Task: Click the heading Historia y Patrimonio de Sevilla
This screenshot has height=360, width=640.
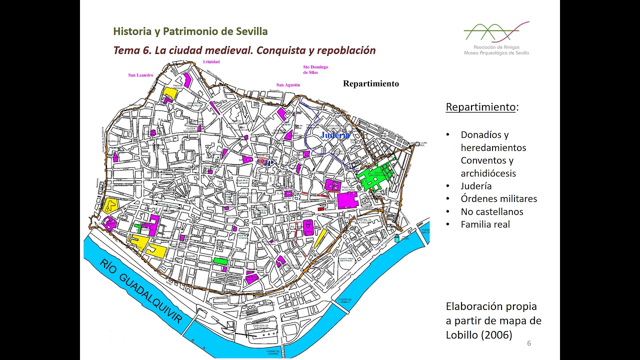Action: click(x=190, y=31)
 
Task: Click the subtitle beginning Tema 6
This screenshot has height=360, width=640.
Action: click(x=244, y=50)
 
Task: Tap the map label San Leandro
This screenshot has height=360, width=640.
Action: click(x=140, y=75)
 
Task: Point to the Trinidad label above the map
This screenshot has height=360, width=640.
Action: click(x=211, y=62)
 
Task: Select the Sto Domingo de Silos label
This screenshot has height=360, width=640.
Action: click(x=315, y=69)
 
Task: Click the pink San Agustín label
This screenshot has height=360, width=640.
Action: click(x=288, y=85)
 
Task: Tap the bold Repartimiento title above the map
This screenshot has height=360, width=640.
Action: click(x=370, y=84)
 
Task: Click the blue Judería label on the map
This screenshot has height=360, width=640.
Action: click(x=335, y=135)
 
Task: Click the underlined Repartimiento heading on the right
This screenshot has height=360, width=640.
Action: click(x=480, y=107)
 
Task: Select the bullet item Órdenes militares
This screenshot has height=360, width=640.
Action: click(x=498, y=198)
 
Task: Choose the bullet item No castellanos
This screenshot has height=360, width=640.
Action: click(x=491, y=211)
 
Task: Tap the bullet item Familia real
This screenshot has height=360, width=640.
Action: click(x=485, y=224)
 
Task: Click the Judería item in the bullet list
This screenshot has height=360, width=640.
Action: click(x=476, y=186)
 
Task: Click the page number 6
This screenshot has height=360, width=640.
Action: click(x=529, y=343)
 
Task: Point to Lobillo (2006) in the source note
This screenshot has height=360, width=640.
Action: click(x=478, y=335)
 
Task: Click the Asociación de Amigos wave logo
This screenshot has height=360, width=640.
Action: click(x=496, y=33)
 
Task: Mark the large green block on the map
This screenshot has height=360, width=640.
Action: click(x=375, y=175)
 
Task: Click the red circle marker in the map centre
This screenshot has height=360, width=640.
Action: click(x=261, y=161)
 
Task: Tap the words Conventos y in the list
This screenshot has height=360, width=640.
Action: click(x=487, y=160)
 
